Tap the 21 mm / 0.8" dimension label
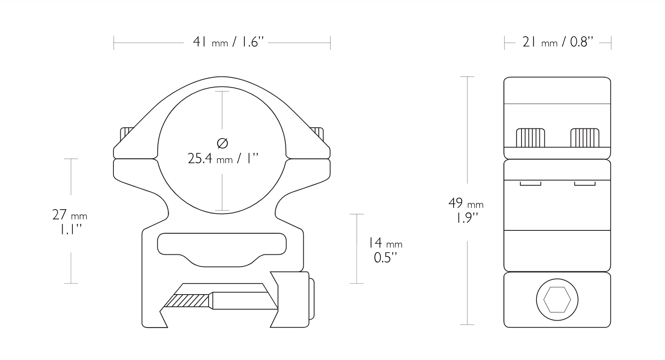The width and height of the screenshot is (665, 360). coord(558,42)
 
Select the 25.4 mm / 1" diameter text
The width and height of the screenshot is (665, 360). coord(223,158)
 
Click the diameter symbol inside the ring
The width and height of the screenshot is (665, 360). coord(222,143)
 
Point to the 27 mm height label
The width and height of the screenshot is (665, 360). coord(70,215)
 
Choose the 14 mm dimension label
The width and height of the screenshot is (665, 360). coord(385,243)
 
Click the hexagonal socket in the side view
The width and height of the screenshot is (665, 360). coord(557,300)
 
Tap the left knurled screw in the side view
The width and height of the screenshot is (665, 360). coord(530,138)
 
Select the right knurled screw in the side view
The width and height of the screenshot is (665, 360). coord(585,138)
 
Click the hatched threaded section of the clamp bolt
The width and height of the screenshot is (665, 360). coord(188,301)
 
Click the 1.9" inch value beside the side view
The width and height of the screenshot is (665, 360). coord(466,218)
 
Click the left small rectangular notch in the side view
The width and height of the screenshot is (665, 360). coord(530,184)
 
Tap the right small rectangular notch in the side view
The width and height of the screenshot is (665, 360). coord(585,184)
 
